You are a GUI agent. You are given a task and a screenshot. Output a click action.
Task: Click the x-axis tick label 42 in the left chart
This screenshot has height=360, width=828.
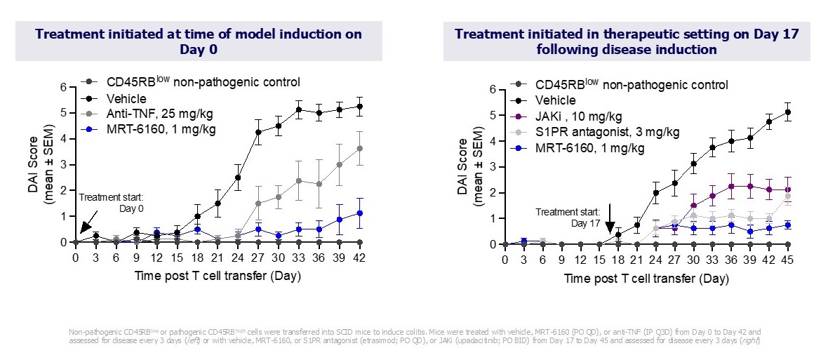pos(359,257)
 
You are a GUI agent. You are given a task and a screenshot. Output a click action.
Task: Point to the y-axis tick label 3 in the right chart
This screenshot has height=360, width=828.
pos(492,167)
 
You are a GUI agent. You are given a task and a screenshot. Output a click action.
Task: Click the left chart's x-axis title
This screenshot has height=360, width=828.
pos(218,275)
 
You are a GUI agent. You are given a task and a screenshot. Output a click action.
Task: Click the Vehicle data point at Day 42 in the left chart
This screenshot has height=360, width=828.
pos(359,107)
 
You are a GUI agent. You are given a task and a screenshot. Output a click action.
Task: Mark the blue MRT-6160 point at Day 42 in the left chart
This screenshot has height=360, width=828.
pos(359,213)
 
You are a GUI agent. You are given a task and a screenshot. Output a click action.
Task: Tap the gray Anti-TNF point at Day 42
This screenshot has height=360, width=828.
pos(359,148)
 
